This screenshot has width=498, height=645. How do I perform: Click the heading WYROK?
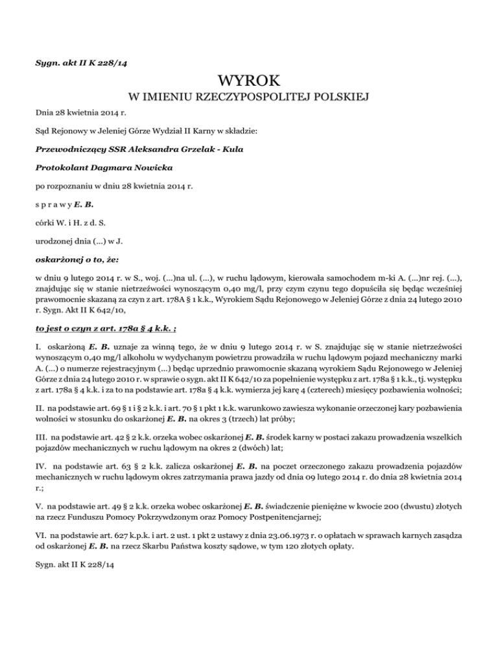249,81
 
